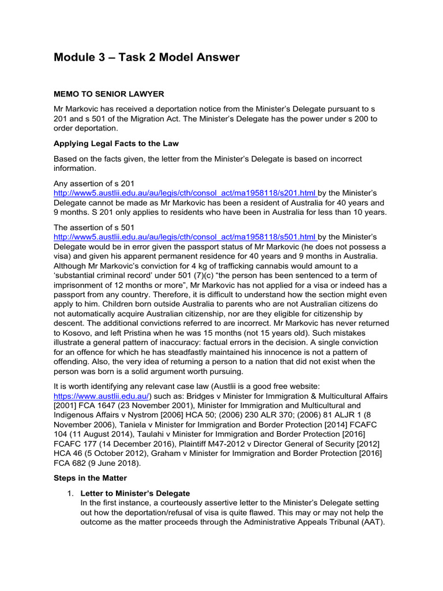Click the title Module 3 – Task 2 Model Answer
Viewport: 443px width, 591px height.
(147, 57)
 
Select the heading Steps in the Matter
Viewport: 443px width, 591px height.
(90, 478)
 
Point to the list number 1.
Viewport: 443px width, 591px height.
(70, 493)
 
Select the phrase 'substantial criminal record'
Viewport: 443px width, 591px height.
(107, 275)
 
